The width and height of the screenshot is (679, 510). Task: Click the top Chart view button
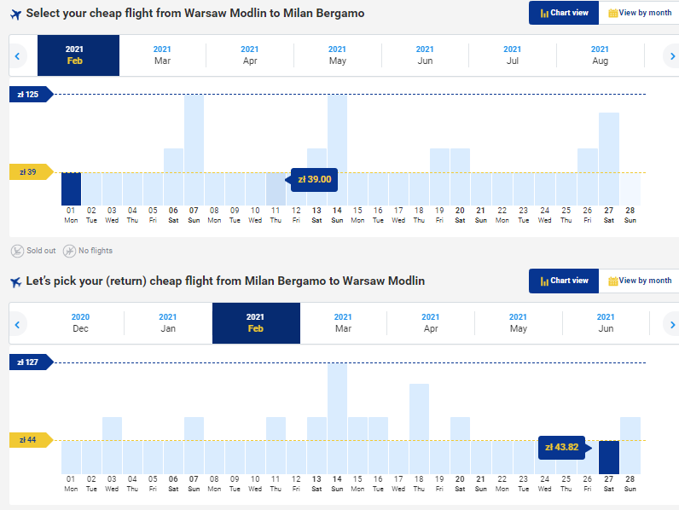(x=563, y=13)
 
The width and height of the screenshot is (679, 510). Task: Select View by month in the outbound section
(x=640, y=13)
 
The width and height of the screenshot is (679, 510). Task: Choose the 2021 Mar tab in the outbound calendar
(x=163, y=55)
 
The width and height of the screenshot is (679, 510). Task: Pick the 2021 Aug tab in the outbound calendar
(x=600, y=55)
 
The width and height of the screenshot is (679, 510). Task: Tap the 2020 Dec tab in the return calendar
(x=80, y=322)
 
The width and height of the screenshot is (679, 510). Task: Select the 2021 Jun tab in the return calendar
(x=606, y=322)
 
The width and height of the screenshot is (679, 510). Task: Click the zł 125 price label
(x=29, y=94)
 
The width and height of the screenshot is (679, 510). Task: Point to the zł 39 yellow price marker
(x=29, y=172)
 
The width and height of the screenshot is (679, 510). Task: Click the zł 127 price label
(x=29, y=362)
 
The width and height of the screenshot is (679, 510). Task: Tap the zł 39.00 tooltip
(x=314, y=178)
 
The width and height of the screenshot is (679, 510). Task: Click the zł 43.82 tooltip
(x=563, y=447)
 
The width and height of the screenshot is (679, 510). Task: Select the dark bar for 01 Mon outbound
(x=71, y=188)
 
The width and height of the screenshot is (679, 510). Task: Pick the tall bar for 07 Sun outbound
(x=194, y=149)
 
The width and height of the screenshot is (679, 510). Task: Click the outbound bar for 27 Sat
(x=608, y=159)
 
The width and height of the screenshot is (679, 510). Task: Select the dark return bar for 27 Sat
(x=608, y=457)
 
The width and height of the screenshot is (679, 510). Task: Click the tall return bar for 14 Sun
(x=337, y=418)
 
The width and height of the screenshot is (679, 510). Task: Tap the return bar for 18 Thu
(x=419, y=428)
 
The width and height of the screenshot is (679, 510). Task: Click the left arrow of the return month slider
(x=16, y=324)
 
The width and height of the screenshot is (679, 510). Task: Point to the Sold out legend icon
(x=17, y=251)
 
